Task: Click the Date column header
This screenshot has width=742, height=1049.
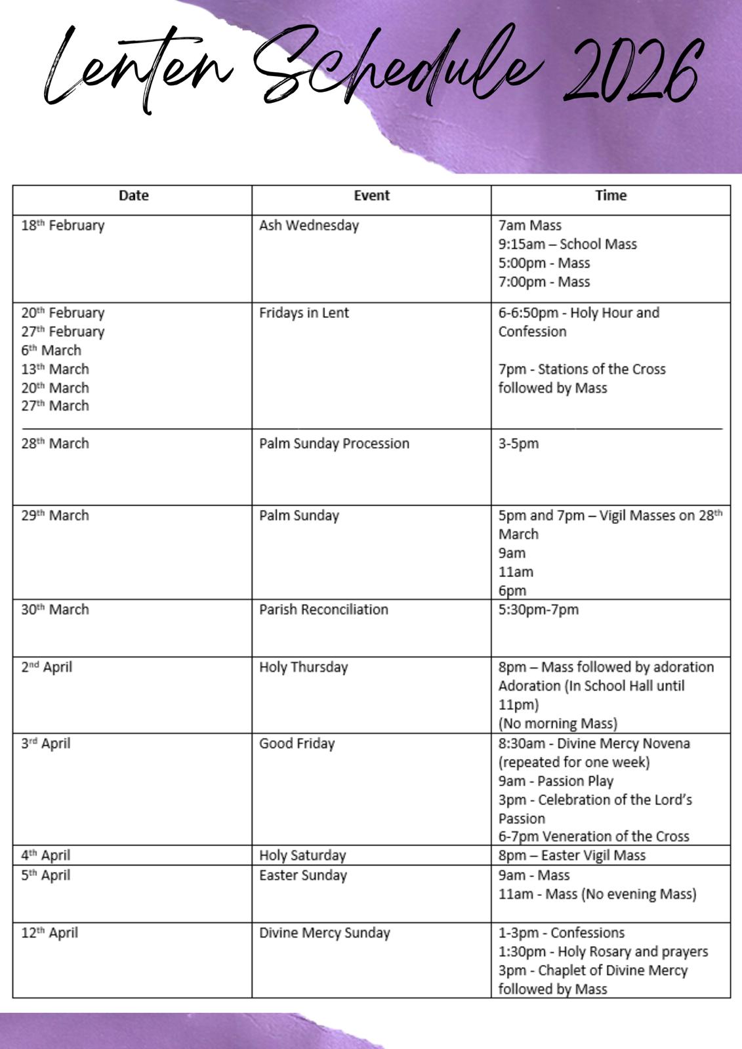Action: click(133, 195)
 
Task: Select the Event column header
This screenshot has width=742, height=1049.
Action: click(371, 195)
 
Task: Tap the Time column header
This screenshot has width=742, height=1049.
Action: click(611, 195)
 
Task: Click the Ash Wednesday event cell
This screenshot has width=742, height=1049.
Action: click(309, 226)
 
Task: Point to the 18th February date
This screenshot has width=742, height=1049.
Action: click(63, 226)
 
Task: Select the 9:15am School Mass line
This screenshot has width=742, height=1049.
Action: click(567, 245)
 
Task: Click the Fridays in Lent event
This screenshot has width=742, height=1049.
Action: click(304, 313)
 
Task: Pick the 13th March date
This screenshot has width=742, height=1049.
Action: click(55, 369)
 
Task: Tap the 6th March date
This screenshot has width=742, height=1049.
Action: click(51, 350)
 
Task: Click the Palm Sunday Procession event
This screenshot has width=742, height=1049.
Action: click(334, 444)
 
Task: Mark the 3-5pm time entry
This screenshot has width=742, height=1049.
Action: click(518, 444)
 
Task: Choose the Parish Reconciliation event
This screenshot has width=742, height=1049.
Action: click(323, 610)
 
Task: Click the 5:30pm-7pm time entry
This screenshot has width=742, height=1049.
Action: click(539, 610)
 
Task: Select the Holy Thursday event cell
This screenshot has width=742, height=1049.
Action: click(303, 667)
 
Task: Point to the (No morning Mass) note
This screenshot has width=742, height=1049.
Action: click(558, 724)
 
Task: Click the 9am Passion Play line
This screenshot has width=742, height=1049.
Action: click(556, 781)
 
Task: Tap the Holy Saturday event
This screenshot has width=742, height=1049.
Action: click(302, 856)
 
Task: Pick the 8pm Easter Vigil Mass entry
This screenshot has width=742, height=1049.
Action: click(572, 856)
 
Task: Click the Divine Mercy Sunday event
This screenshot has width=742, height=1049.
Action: click(325, 933)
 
